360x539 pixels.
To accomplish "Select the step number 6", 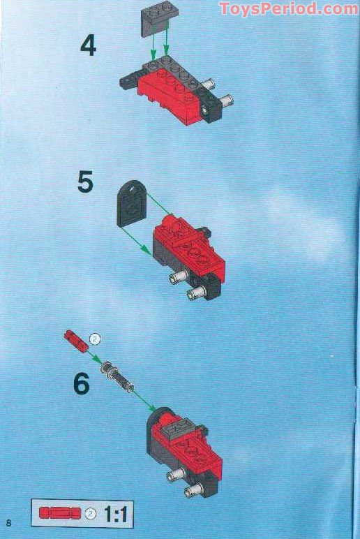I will pyautogui.click(x=82, y=384).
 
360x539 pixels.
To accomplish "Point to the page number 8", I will pyautogui.click(x=8, y=524).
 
